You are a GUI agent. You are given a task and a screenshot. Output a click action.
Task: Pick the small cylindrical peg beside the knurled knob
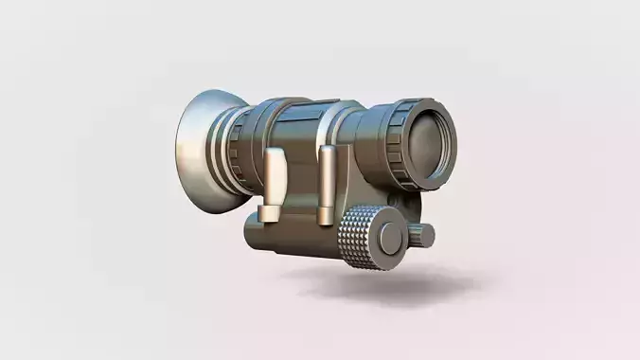coord(423,232)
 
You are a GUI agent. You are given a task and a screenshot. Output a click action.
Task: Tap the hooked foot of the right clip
coord(327,220)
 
